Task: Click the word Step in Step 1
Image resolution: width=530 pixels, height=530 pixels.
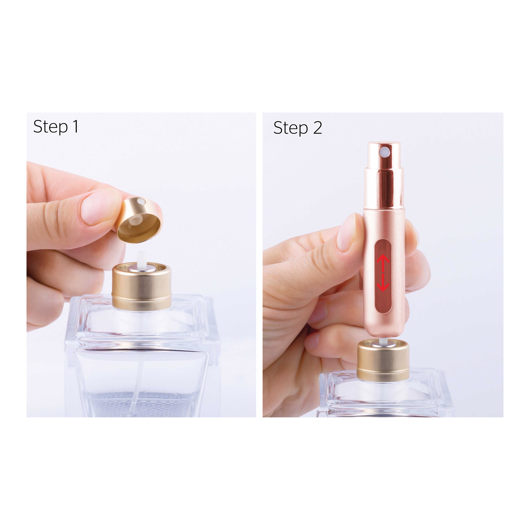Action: (50, 127)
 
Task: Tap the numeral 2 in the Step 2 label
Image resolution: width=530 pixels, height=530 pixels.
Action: (317, 127)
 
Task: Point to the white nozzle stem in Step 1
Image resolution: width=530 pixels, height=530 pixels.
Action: (142, 259)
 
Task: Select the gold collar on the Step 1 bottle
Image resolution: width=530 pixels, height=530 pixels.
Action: (142, 287)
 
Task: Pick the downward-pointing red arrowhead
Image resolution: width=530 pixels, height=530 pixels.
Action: (383, 286)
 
